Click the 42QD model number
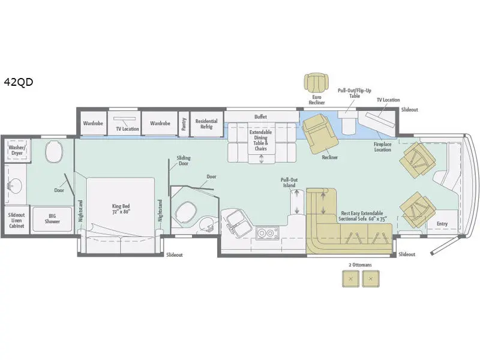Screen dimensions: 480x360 pyautogui.click(x=19, y=82)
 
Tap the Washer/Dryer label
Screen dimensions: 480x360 pyautogui.click(x=17, y=151)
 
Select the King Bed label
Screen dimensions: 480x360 pyautogui.click(x=121, y=209)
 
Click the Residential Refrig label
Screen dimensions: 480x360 pyautogui.click(x=206, y=124)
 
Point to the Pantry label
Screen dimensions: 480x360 pyautogui.click(x=184, y=124)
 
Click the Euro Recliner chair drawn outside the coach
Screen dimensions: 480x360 pyautogui.click(x=317, y=83)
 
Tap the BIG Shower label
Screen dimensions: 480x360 pyautogui.click(x=52, y=218)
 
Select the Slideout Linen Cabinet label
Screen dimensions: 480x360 pyautogui.click(x=17, y=220)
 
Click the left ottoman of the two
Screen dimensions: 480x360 pyautogui.click(x=350, y=278)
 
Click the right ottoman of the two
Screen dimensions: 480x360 pyautogui.click(x=371, y=278)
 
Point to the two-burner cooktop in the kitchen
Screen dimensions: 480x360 pyautogui.click(x=267, y=233)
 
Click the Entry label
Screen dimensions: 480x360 pyautogui.click(x=442, y=224)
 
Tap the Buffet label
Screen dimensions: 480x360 pyautogui.click(x=260, y=116)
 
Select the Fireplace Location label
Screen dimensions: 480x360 pyautogui.click(x=382, y=147)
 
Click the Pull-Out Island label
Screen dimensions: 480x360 pyautogui.click(x=289, y=182)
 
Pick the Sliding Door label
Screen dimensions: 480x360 pyautogui.click(x=184, y=161)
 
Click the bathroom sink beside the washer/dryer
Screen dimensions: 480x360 pyautogui.click(x=13, y=185)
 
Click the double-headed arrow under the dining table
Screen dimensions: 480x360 pyautogui.click(x=261, y=159)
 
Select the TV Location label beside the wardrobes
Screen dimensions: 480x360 pyautogui.click(x=127, y=129)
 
